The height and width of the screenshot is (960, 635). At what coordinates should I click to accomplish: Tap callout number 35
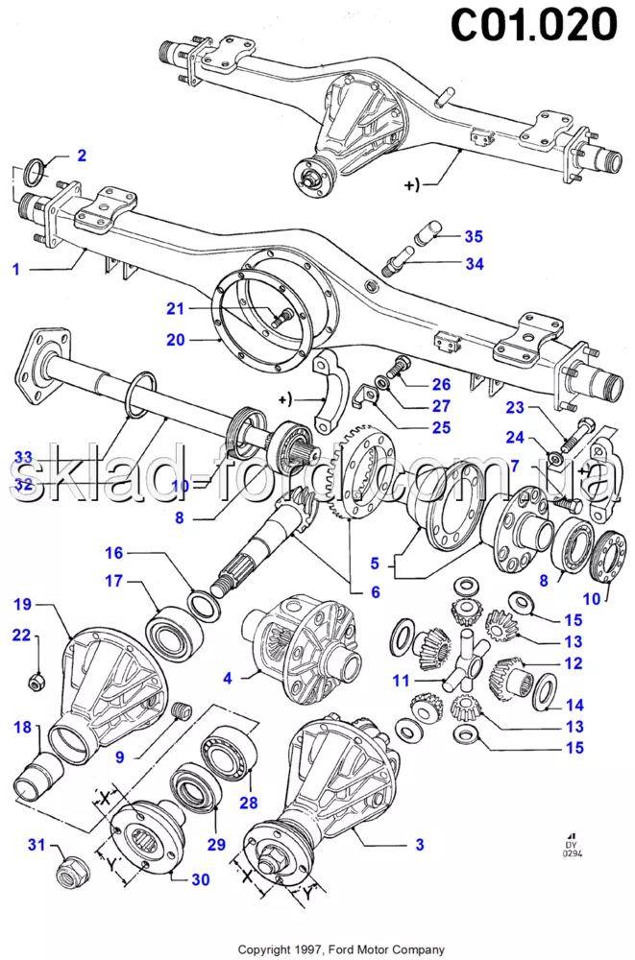tap(474, 236)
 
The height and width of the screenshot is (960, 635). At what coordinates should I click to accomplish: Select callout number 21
tap(174, 308)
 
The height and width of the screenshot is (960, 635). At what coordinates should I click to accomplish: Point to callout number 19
tap(22, 604)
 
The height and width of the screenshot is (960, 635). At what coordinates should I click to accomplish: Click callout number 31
tap(36, 845)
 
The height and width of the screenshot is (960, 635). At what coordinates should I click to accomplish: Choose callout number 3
tap(420, 845)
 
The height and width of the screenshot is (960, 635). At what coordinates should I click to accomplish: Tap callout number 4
tap(228, 678)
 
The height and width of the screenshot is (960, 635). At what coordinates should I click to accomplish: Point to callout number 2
tap(82, 155)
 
